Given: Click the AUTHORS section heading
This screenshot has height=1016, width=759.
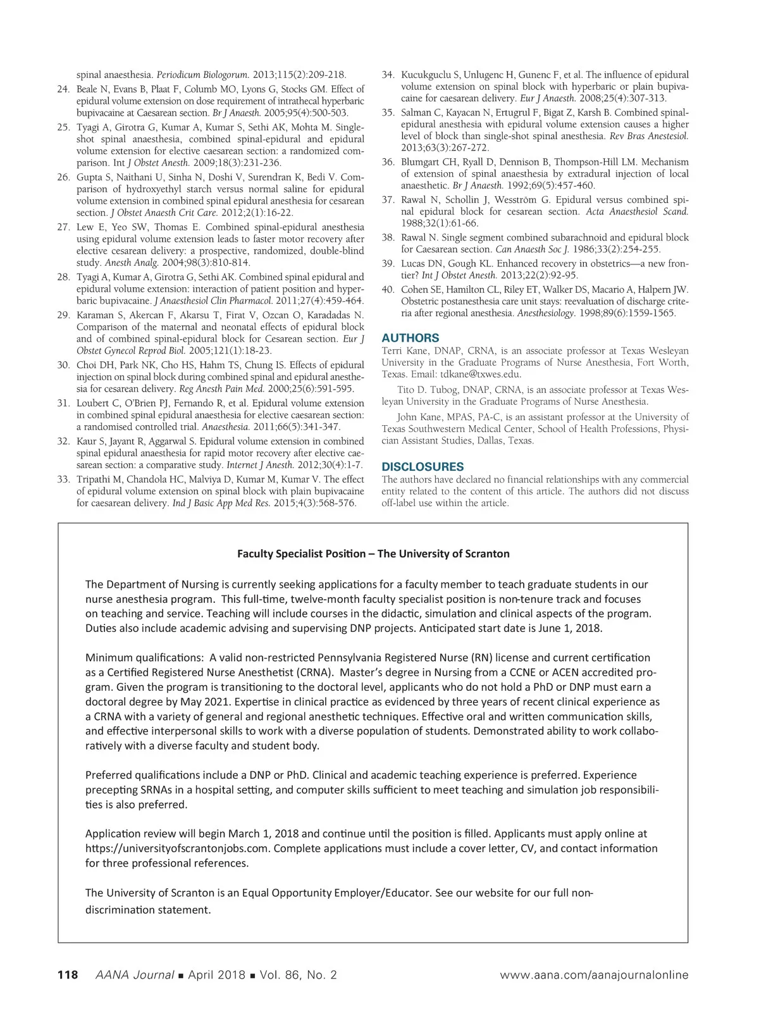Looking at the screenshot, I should tap(410, 338).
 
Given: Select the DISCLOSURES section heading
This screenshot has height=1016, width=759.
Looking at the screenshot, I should tap(423, 467).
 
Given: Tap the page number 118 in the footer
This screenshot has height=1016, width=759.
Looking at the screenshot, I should tap(68, 975).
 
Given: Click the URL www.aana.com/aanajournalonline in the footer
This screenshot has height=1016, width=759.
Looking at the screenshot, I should tap(594, 975).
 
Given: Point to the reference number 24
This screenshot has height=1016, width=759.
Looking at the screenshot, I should tap(63, 89).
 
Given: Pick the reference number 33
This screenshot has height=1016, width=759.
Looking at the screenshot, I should tap(63, 480).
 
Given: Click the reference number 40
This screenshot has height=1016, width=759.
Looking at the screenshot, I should tap(388, 290).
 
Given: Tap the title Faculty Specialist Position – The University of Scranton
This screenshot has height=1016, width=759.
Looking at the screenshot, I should tap(373, 554).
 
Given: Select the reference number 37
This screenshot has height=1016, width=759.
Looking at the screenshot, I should tap(388, 200).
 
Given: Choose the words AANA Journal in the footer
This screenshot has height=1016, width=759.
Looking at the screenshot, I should tap(134, 975).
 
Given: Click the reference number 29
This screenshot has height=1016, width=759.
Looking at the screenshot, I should tap(63, 315).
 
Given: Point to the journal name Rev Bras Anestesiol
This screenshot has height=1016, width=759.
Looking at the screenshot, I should tap(648, 136).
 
